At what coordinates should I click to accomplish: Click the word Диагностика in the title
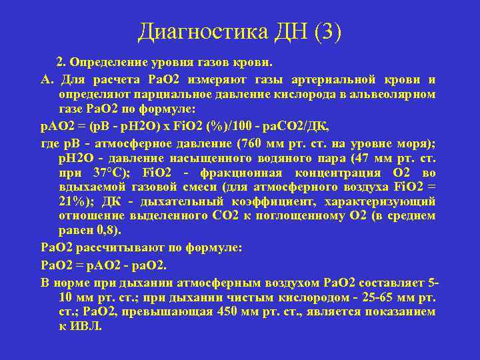pos(200,32)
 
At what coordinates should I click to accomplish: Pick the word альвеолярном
pos(395,94)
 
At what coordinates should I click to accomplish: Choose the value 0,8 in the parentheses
pos(100,231)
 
